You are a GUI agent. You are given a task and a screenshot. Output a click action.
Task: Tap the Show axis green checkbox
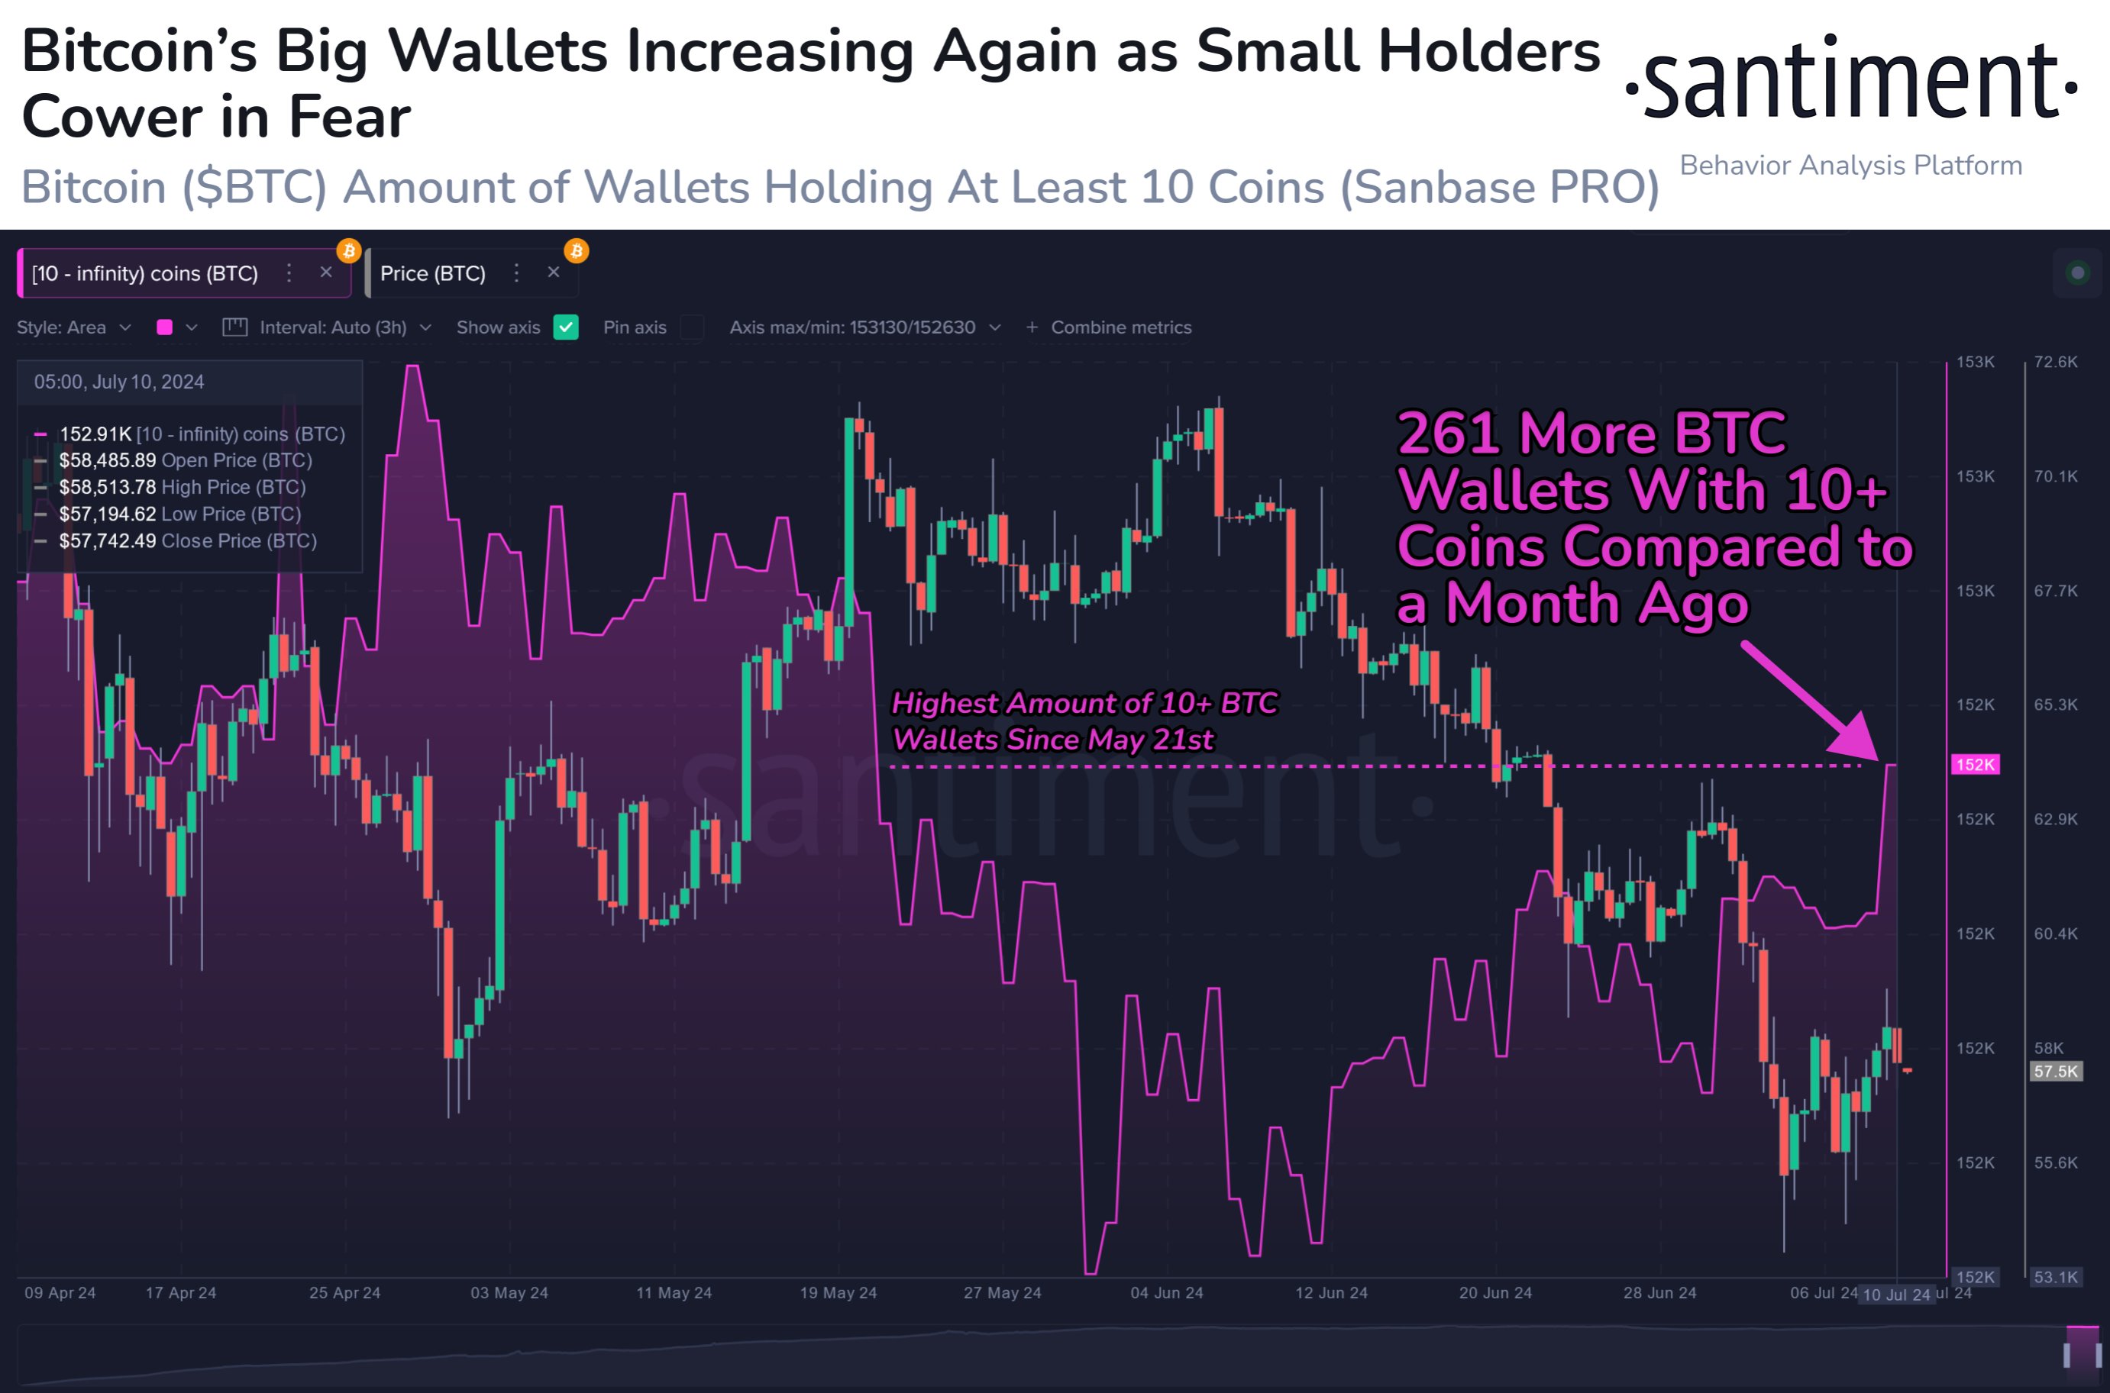point(565,327)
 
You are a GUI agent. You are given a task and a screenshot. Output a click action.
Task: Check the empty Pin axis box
point(691,327)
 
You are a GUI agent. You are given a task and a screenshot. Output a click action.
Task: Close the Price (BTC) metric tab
point(554,272)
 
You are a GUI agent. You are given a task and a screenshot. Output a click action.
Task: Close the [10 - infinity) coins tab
point(326,272)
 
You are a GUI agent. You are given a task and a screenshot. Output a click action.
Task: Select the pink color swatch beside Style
point(164,327)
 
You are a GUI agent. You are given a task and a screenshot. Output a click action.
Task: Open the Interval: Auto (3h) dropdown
point(333,327)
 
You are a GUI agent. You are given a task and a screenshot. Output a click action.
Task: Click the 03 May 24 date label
point(509,1292)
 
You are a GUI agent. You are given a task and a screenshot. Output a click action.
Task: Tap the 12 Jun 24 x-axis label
point(1331,1292)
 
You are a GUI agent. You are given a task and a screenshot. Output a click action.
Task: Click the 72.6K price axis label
point(2056,363)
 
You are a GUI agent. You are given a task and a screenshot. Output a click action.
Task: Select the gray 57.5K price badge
point(2056,1072)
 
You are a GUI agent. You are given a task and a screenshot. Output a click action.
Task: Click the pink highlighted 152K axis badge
point(1975,765)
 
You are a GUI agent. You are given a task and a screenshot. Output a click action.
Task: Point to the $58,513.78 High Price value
point(108,488)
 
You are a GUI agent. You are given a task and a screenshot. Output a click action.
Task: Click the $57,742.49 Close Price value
point(108,541)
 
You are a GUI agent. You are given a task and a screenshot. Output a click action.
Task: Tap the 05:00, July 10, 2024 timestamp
point(119,382)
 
